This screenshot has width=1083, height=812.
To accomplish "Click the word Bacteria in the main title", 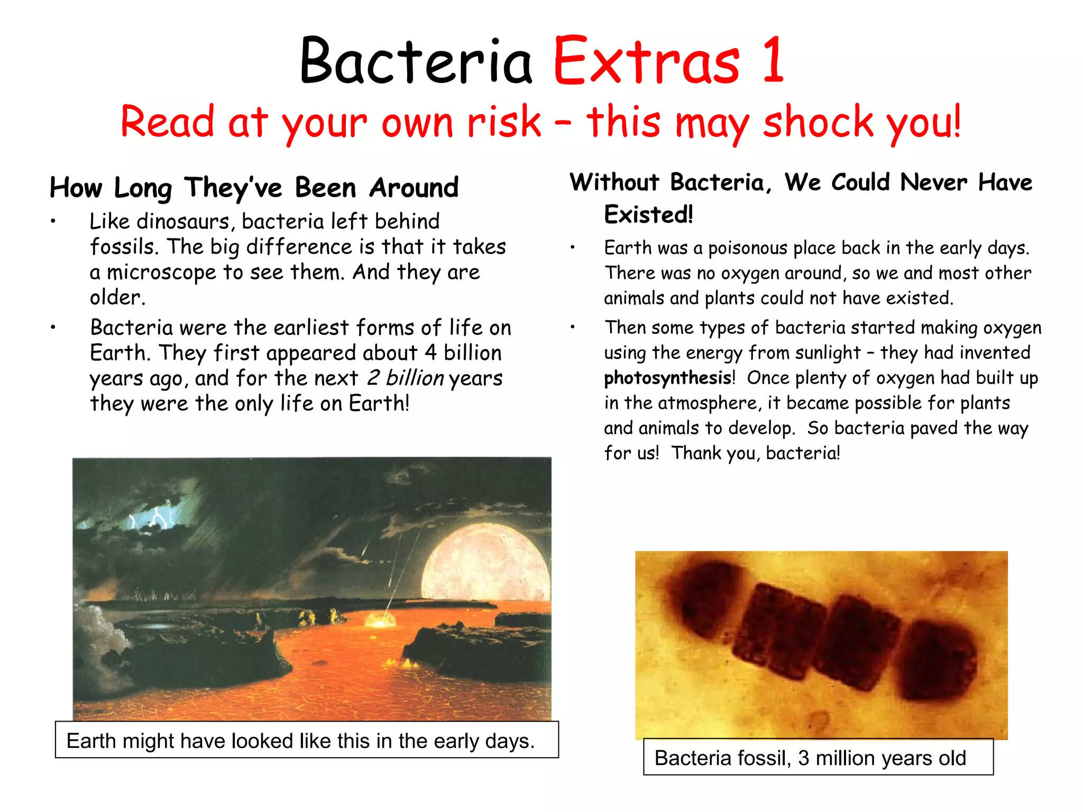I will click(416, 61).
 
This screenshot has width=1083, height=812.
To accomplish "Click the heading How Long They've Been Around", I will click(254, 188).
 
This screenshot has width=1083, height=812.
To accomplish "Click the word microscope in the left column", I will click(161, 273).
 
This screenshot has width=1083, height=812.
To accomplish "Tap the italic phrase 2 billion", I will click(405, 379).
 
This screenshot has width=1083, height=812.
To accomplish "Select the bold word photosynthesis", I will click(667, 379).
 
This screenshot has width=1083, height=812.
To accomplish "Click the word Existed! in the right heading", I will click(648, 215).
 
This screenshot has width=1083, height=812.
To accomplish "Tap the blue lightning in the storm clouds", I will click(156, 516).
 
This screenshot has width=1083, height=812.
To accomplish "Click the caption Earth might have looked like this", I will click(300, 741).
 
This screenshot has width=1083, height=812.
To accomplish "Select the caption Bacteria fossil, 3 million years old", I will click(810, 758).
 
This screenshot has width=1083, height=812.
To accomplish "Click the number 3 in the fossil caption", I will click(803, 758).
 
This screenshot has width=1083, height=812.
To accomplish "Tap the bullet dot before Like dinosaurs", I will click(53, 222).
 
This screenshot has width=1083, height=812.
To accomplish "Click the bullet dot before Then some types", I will click(572, 328).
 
